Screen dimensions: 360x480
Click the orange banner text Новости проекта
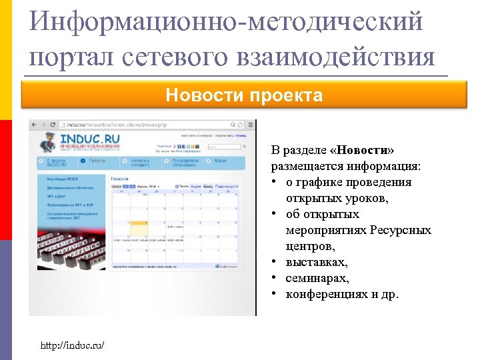click(x=244, y=96)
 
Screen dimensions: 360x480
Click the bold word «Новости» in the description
click(x=366, y=150)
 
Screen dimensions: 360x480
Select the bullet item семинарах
click(x=317, y=278)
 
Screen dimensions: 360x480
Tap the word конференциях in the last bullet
click(x=327, y=294)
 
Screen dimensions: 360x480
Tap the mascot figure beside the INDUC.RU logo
click(x=48, y=142)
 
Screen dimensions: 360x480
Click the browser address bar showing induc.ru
click(x=120, y=125)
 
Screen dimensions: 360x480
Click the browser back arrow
click(x=35, y=125)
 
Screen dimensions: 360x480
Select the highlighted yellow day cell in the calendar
click(x=139, y=227)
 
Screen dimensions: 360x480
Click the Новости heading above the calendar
click(x=120, y=179)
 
